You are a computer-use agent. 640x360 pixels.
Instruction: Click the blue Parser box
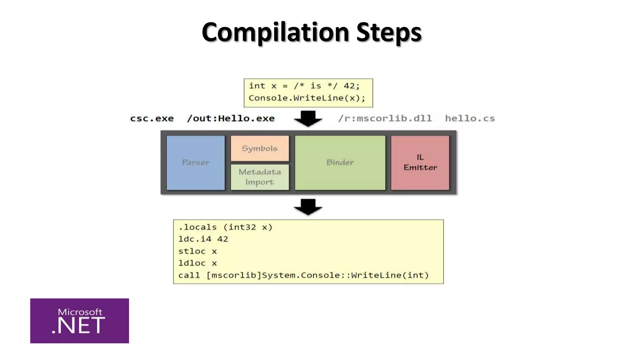tap(196, 162)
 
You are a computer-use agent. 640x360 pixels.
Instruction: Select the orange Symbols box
tap(260, 148)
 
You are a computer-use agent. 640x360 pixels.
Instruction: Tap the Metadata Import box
tap(260, 177)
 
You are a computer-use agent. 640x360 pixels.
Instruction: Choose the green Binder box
tap(340, 162)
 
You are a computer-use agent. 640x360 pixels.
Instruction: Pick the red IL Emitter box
tap(420, 162)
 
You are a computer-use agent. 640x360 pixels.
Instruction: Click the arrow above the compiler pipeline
tap(308, 118)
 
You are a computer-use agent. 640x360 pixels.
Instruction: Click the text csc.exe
tap(152, 119)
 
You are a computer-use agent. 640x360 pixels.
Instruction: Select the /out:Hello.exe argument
tap(231, 119)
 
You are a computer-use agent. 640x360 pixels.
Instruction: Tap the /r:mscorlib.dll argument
tap(385, 119)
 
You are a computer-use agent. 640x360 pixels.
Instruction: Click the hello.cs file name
tap(470, 119)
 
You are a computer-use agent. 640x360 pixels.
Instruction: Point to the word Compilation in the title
tap(275, 32)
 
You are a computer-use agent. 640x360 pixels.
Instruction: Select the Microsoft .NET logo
tap(79, 321)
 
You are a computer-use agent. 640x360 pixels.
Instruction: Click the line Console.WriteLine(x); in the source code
tap(307, 98)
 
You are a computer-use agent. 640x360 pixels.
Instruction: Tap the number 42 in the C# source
tap(349, 86)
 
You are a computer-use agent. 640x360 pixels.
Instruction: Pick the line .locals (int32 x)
tap(225, 227)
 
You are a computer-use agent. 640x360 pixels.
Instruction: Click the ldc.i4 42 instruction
tap(203, 239)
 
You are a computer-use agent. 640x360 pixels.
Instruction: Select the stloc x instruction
tap(197, 251)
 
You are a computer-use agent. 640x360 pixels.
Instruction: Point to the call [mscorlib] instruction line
tap(303, 275)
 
